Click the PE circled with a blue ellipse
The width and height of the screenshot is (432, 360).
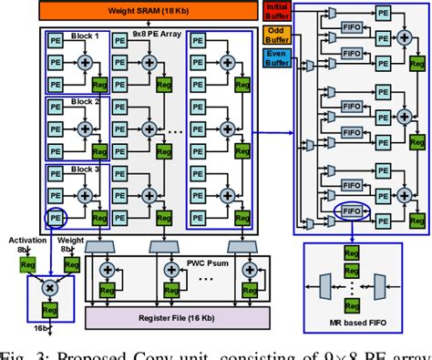[55, 220]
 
